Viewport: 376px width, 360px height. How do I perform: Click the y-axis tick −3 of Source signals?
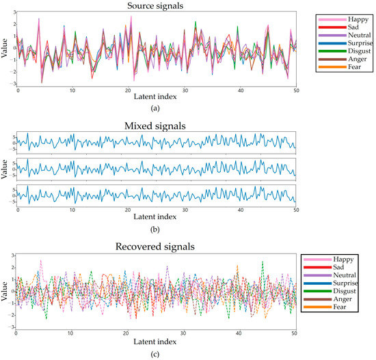(12, 83)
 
